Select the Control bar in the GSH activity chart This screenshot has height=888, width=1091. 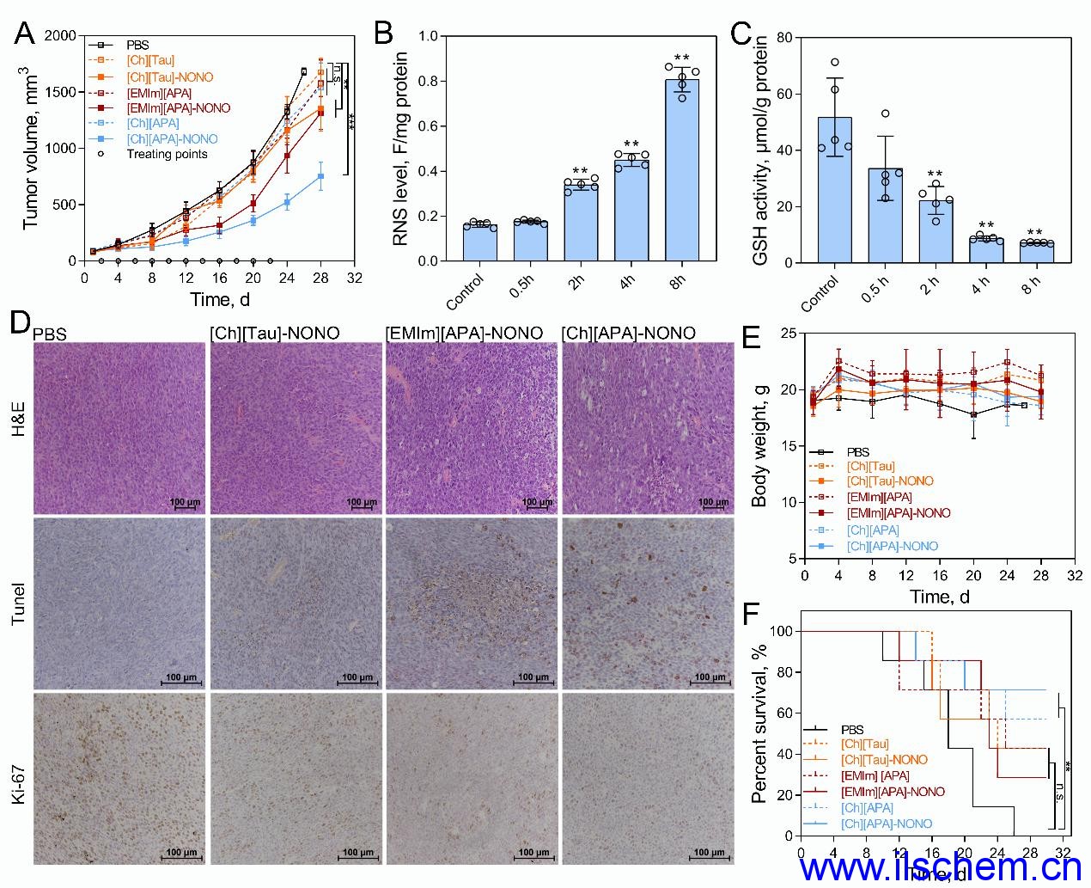coord(834,190)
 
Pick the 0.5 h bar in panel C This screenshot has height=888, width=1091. coord(885,215)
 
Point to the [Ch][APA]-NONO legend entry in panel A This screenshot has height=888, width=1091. coord(172,139)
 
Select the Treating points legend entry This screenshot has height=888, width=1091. coord(167,155)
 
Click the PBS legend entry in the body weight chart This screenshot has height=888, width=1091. coord(857,451)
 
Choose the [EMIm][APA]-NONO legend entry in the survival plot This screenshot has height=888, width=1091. coord(893,792)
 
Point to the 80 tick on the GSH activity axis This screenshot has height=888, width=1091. coord(783,37)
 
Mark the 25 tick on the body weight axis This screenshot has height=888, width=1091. coord(786,334)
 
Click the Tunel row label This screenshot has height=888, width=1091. coord(19,602)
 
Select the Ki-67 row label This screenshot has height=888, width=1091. coord(19,777)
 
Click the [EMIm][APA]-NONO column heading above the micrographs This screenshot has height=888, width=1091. coord(464,333)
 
